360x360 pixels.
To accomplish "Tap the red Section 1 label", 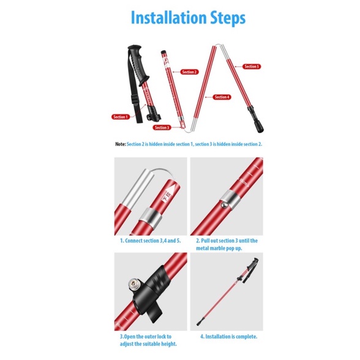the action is pyautogui.click(x=121, y=117).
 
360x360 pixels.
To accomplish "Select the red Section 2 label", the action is pyautogui.click(x=189, y=72).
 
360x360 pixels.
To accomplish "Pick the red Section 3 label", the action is pyautogui.click(x=162, y=127).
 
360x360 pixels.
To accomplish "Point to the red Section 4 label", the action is pyautogui.click(x=222, y=97).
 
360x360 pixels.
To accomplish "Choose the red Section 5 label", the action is pyautogui.click(x=252, y=67).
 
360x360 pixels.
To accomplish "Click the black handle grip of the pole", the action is pyautogui.click(x=138, y=64).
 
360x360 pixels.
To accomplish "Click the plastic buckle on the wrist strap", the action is pyautogui.click(x=135, y=100).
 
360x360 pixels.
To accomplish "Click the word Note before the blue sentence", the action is pyautogui.click(x=120, y=144).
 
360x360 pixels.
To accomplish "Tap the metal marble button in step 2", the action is pyautogui.click(x=225, y=204).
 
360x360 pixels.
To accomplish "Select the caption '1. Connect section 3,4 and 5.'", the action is pyautogui.click(x=151, y=241).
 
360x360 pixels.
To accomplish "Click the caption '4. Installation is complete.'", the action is pyautogui.click(x=229, y=337).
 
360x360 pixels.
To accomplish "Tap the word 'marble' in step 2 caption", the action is pyautogui.click(x=220, y=248).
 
